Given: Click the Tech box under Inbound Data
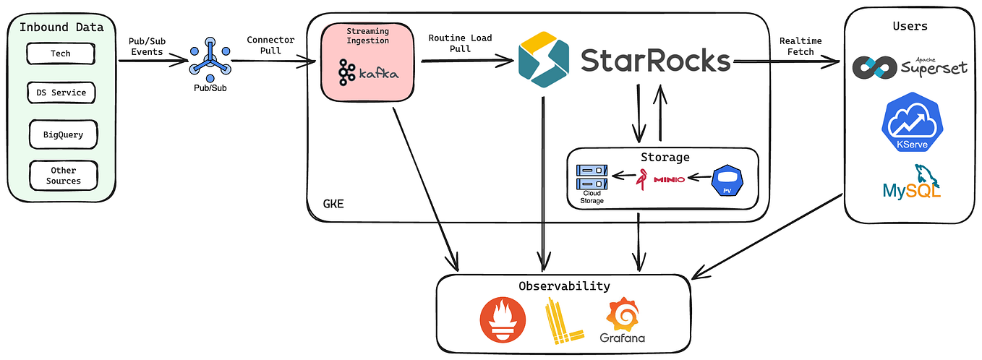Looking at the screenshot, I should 60,53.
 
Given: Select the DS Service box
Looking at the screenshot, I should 61,93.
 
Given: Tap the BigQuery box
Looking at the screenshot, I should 63,134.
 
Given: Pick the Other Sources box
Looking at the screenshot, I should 63,176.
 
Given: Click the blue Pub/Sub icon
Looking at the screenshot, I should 210,61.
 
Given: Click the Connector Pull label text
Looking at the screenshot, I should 270,45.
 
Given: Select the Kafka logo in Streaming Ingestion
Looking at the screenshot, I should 367,73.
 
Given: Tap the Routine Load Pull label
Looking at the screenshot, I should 461,43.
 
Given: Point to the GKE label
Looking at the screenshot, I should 333,204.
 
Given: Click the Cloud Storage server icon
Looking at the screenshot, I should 591,176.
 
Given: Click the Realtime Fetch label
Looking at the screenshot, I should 800,46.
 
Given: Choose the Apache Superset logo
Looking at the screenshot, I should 909,67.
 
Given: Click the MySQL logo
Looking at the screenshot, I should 911,183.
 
